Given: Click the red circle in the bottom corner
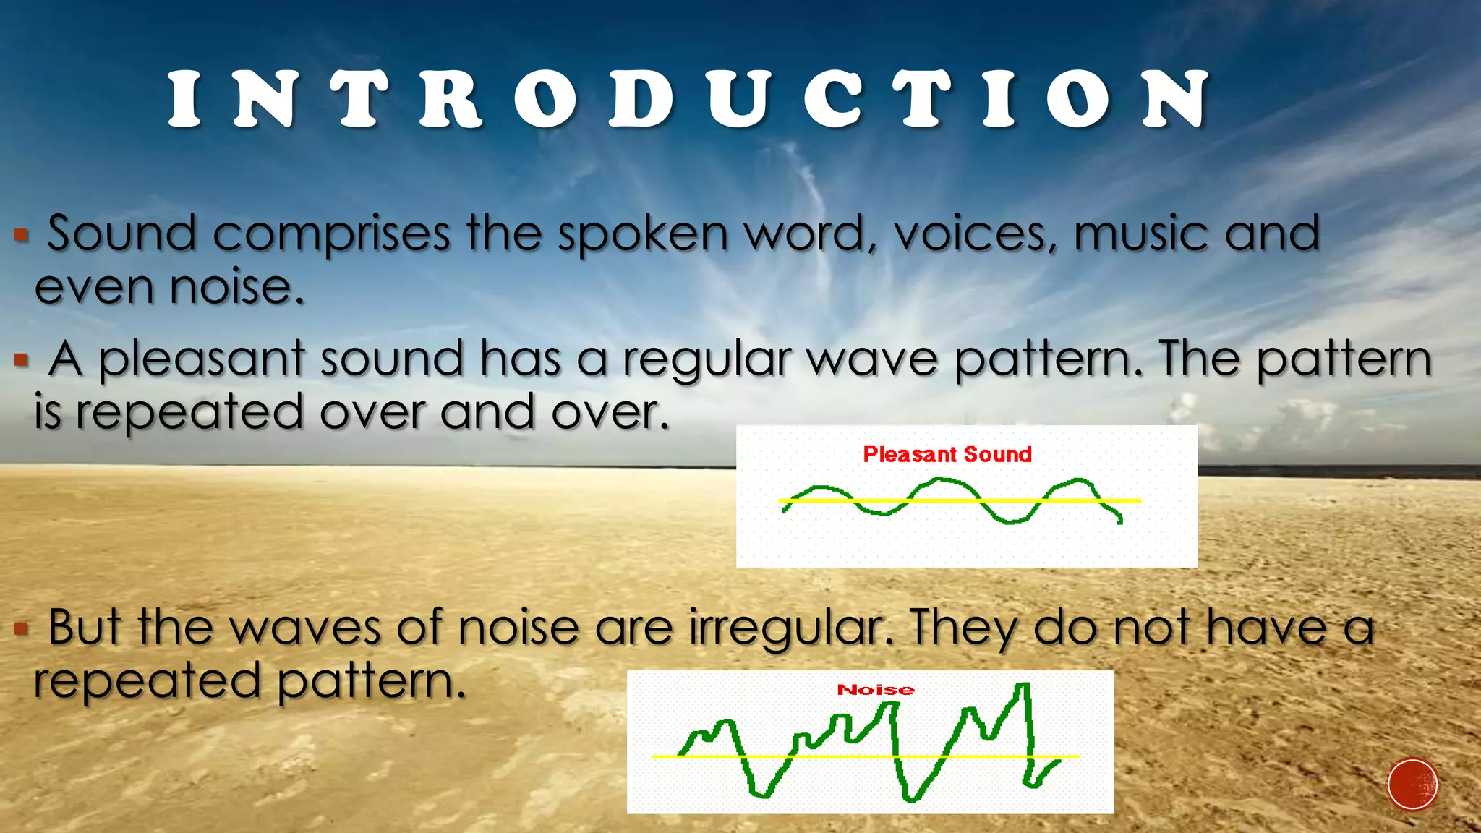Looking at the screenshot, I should (x=1412, y=784).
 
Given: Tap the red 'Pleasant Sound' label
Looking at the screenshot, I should (x=947, y=454).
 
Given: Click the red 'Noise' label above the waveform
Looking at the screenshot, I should (x=876, y=690).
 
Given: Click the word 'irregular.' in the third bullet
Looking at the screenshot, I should (x=790, y=628).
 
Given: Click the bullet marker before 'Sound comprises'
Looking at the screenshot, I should (x=22, y=234).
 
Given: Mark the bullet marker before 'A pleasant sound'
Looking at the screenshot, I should (x=22, y=359).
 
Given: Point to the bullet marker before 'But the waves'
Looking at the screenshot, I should (x=22, y=628).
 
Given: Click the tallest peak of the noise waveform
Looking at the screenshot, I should (x=1023, y=685).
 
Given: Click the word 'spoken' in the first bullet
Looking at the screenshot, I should (x=643, y=234).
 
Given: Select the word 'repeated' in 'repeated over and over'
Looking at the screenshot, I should (x=189, y=413).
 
